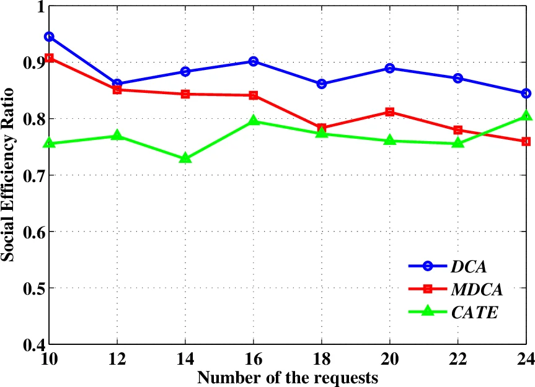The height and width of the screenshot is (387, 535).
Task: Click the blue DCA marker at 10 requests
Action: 49,37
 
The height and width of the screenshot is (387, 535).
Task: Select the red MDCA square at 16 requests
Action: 253,95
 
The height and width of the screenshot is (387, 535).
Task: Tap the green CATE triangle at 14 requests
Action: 185,159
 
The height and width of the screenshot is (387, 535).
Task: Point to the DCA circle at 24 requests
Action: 526,93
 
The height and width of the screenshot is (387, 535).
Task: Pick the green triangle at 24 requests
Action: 526,116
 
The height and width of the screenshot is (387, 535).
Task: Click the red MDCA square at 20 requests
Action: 389,112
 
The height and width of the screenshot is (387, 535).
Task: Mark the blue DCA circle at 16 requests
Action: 253,61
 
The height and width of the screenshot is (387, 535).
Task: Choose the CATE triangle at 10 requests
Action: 49,143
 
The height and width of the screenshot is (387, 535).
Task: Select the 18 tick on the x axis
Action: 321,359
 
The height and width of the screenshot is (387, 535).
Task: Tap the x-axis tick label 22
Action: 458,359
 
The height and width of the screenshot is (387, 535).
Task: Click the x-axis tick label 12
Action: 117,359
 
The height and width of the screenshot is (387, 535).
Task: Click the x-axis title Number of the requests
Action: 287,375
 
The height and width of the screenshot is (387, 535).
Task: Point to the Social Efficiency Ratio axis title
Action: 9,175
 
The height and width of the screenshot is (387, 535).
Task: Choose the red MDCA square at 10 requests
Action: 49,58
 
